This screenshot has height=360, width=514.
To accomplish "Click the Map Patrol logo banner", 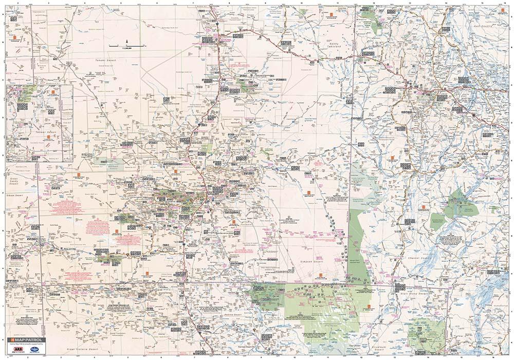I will click(x=26, y=340).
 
